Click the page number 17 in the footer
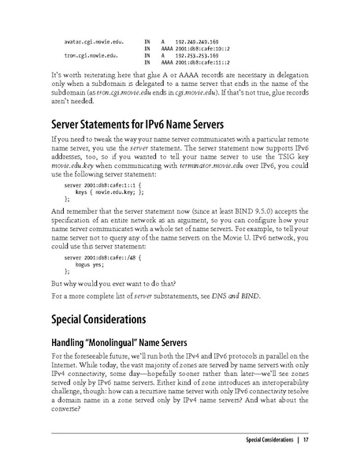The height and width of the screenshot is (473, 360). (306, 439)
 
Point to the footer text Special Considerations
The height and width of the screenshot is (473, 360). (269, 439)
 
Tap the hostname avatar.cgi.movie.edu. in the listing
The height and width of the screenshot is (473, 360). (92, 39)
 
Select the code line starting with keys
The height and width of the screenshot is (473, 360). (109, 191)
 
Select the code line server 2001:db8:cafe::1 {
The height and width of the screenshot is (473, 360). (98, 184)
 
